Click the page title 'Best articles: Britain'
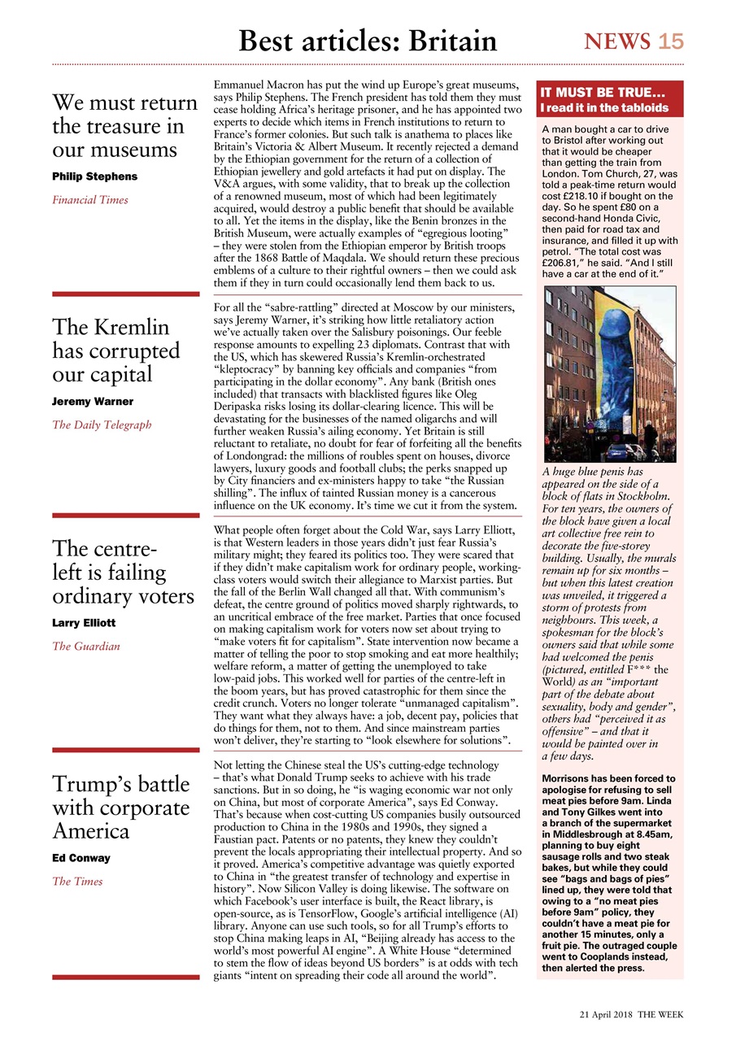pyautogui.click(x=367, y=40)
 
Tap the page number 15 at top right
pyautogui.click(x=671, y=41)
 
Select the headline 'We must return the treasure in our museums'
pyautogui.click(x=124, y=126)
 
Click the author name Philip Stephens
pyautogui.click(x=94, y=176)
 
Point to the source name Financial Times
pyautogui.click(x=89, y=199)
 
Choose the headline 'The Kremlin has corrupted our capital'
pyautogui.click(x=116, y=351)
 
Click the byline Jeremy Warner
pyautogui.click(x=92, y=402)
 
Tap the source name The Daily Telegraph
pyautogui.click(x=102, y=425)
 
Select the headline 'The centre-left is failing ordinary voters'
pyautogui.click(x=123, y=573)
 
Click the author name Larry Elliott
pyautogui.click(x=84, y=623)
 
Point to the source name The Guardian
pyautogui.click(x=85, y=647)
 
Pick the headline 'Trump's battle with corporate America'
pyautogui.click(x=120, y=808)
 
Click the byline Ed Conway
pyautogui.click(x=81, y=858)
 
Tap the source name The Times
pyautogui.click(x=77, y=881)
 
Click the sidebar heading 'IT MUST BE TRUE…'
pyautogui.click(x=603, y=93)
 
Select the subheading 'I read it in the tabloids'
pyautogui.click(x=605, y=107)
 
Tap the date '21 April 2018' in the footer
pyautogui.click(x=606, y=1014)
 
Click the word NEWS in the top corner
pyautogui.click(x=617, y=41)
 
